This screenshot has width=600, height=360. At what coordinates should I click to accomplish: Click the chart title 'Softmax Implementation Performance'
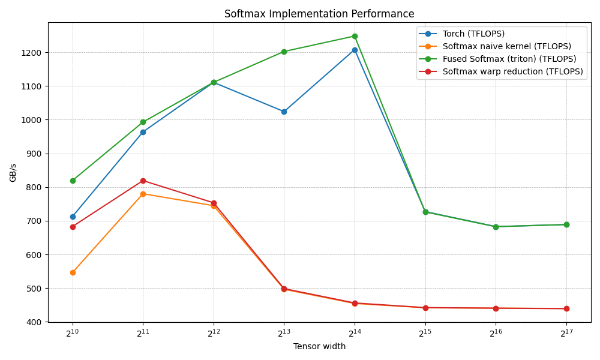pyautogui.click(x=319, y=14)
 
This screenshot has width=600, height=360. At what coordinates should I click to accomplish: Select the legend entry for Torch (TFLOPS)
pyautogui.click(x=473, y=34)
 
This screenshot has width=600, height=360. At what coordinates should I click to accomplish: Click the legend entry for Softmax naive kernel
pyautogui.click(x=506, y=46)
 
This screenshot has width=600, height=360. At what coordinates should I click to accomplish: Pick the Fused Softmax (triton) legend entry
pyautogui.click(x=509, y=59)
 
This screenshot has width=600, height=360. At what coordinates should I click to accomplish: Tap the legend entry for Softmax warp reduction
pyautogui.click(x=512, y=71)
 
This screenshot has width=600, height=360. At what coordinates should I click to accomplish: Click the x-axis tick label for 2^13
pyautogui.click(x=284, y=334)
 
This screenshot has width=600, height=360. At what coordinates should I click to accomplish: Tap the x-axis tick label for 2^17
pyautogui.click(x=566, y=334)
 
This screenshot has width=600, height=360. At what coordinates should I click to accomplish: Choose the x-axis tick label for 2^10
pyautogui.click(x=73, y=334)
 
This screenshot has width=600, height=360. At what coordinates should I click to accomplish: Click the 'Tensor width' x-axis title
pyautogui.click(x=319, y=347)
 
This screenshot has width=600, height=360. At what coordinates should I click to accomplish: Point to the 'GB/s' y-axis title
pyautogui.click(x=13, y=172)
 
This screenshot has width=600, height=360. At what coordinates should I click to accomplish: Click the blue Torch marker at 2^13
pyautogui.click(x=284, y=112)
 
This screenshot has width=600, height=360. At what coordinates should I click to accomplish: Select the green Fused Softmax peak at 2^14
pyautogui.click(x=355, y=36)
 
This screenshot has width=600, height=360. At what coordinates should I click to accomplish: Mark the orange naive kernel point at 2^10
pyautogui.click(x=73, y=272)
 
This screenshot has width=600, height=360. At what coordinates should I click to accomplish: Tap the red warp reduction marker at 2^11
pyautogui.click(x=143, y=181)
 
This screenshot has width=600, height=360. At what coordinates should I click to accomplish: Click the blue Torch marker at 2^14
pyautogui.click(x=355, y=50)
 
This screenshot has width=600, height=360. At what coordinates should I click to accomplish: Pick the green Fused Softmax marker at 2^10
pyautogui.click(x=73, y=181)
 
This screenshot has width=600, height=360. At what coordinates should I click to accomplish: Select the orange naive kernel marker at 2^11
pyautogui.click(x=143, y=194)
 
